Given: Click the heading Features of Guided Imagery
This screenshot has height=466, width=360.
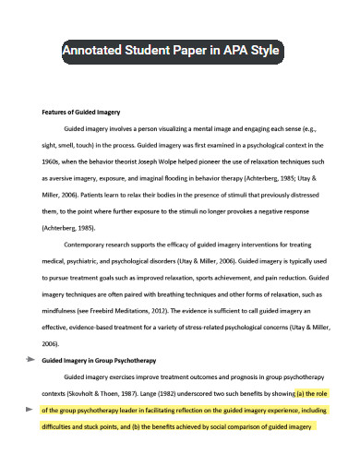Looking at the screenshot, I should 82,112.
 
